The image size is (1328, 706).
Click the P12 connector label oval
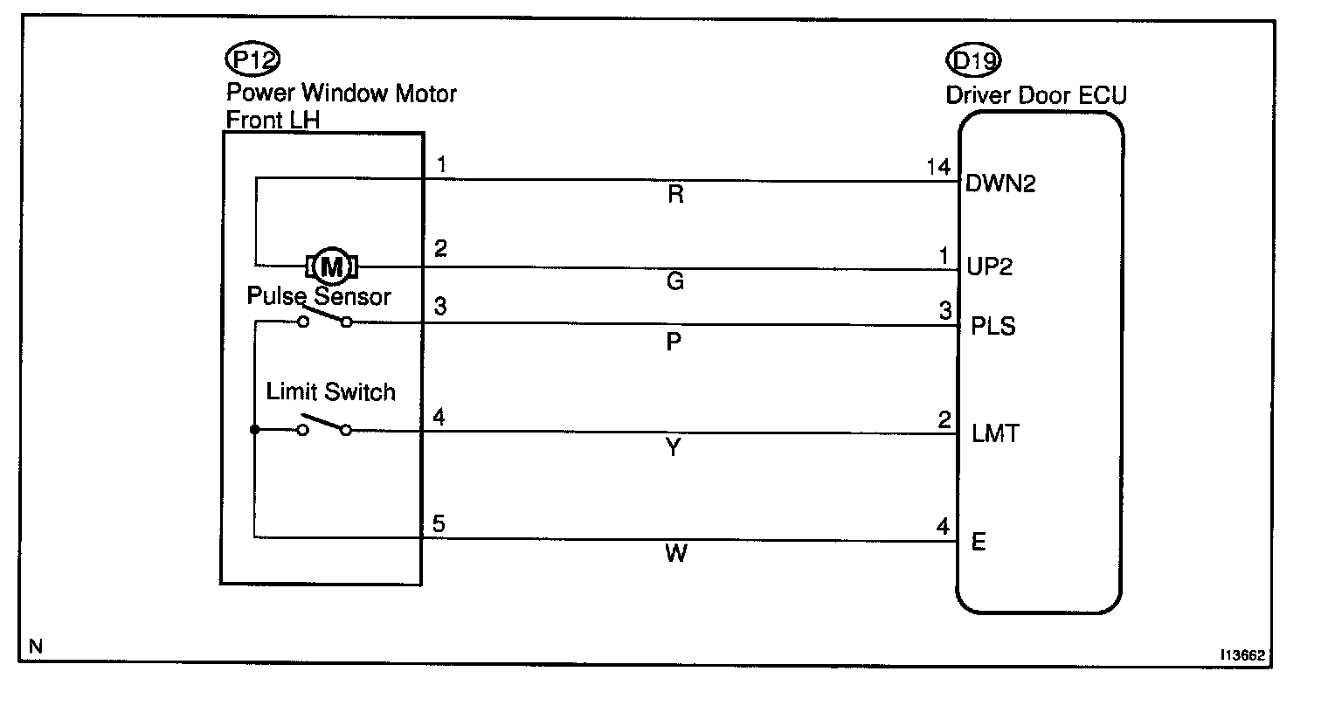[x=252, y=60]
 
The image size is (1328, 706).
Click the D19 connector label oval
[x=973, y=60]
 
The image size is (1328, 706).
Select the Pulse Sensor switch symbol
[x=324, y=321]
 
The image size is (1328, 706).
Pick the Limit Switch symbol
[x=324, y=428]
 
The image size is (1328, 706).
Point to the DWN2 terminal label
[x=1000, y=184]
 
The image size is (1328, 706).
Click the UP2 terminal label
[x=990, y=267]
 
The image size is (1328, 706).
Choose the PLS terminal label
[x=994, y=329]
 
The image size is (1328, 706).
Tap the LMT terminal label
[x=995, y=433]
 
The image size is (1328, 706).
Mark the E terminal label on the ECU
[x=979, y=543]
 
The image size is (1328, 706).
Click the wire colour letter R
[x=674, y=195]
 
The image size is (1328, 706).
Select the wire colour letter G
[x=674, y=281]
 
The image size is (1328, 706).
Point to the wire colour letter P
[x=674, y=342]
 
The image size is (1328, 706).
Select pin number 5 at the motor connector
[x=439, y=525]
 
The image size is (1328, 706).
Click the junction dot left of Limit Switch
[x=254, y=430]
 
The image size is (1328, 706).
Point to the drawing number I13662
[x=1244, y=654]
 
